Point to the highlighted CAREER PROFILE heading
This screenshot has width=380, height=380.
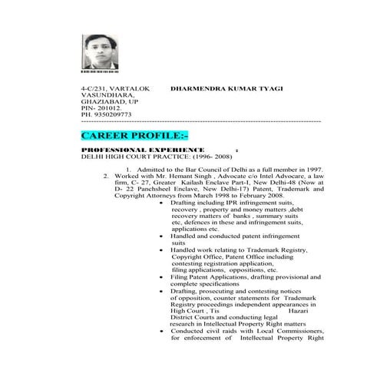(134, 136)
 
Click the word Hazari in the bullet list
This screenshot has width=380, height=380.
(298, 311)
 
